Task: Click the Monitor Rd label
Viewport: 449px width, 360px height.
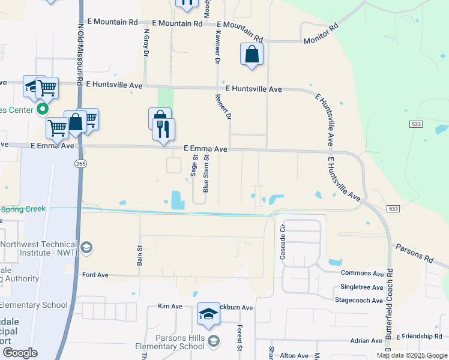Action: (x=322, y=34)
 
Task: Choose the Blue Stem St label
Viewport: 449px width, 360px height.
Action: (x=206, y=175)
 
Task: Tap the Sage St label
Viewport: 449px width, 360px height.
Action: (x=194, y=165)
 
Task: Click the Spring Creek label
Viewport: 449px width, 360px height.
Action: (x=23, y=209)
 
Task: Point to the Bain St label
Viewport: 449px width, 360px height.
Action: (x=139, y=255)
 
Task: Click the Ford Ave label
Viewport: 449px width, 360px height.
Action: (x=95, y=275)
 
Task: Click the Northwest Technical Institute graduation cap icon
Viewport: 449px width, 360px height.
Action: (x=86, y=248)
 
